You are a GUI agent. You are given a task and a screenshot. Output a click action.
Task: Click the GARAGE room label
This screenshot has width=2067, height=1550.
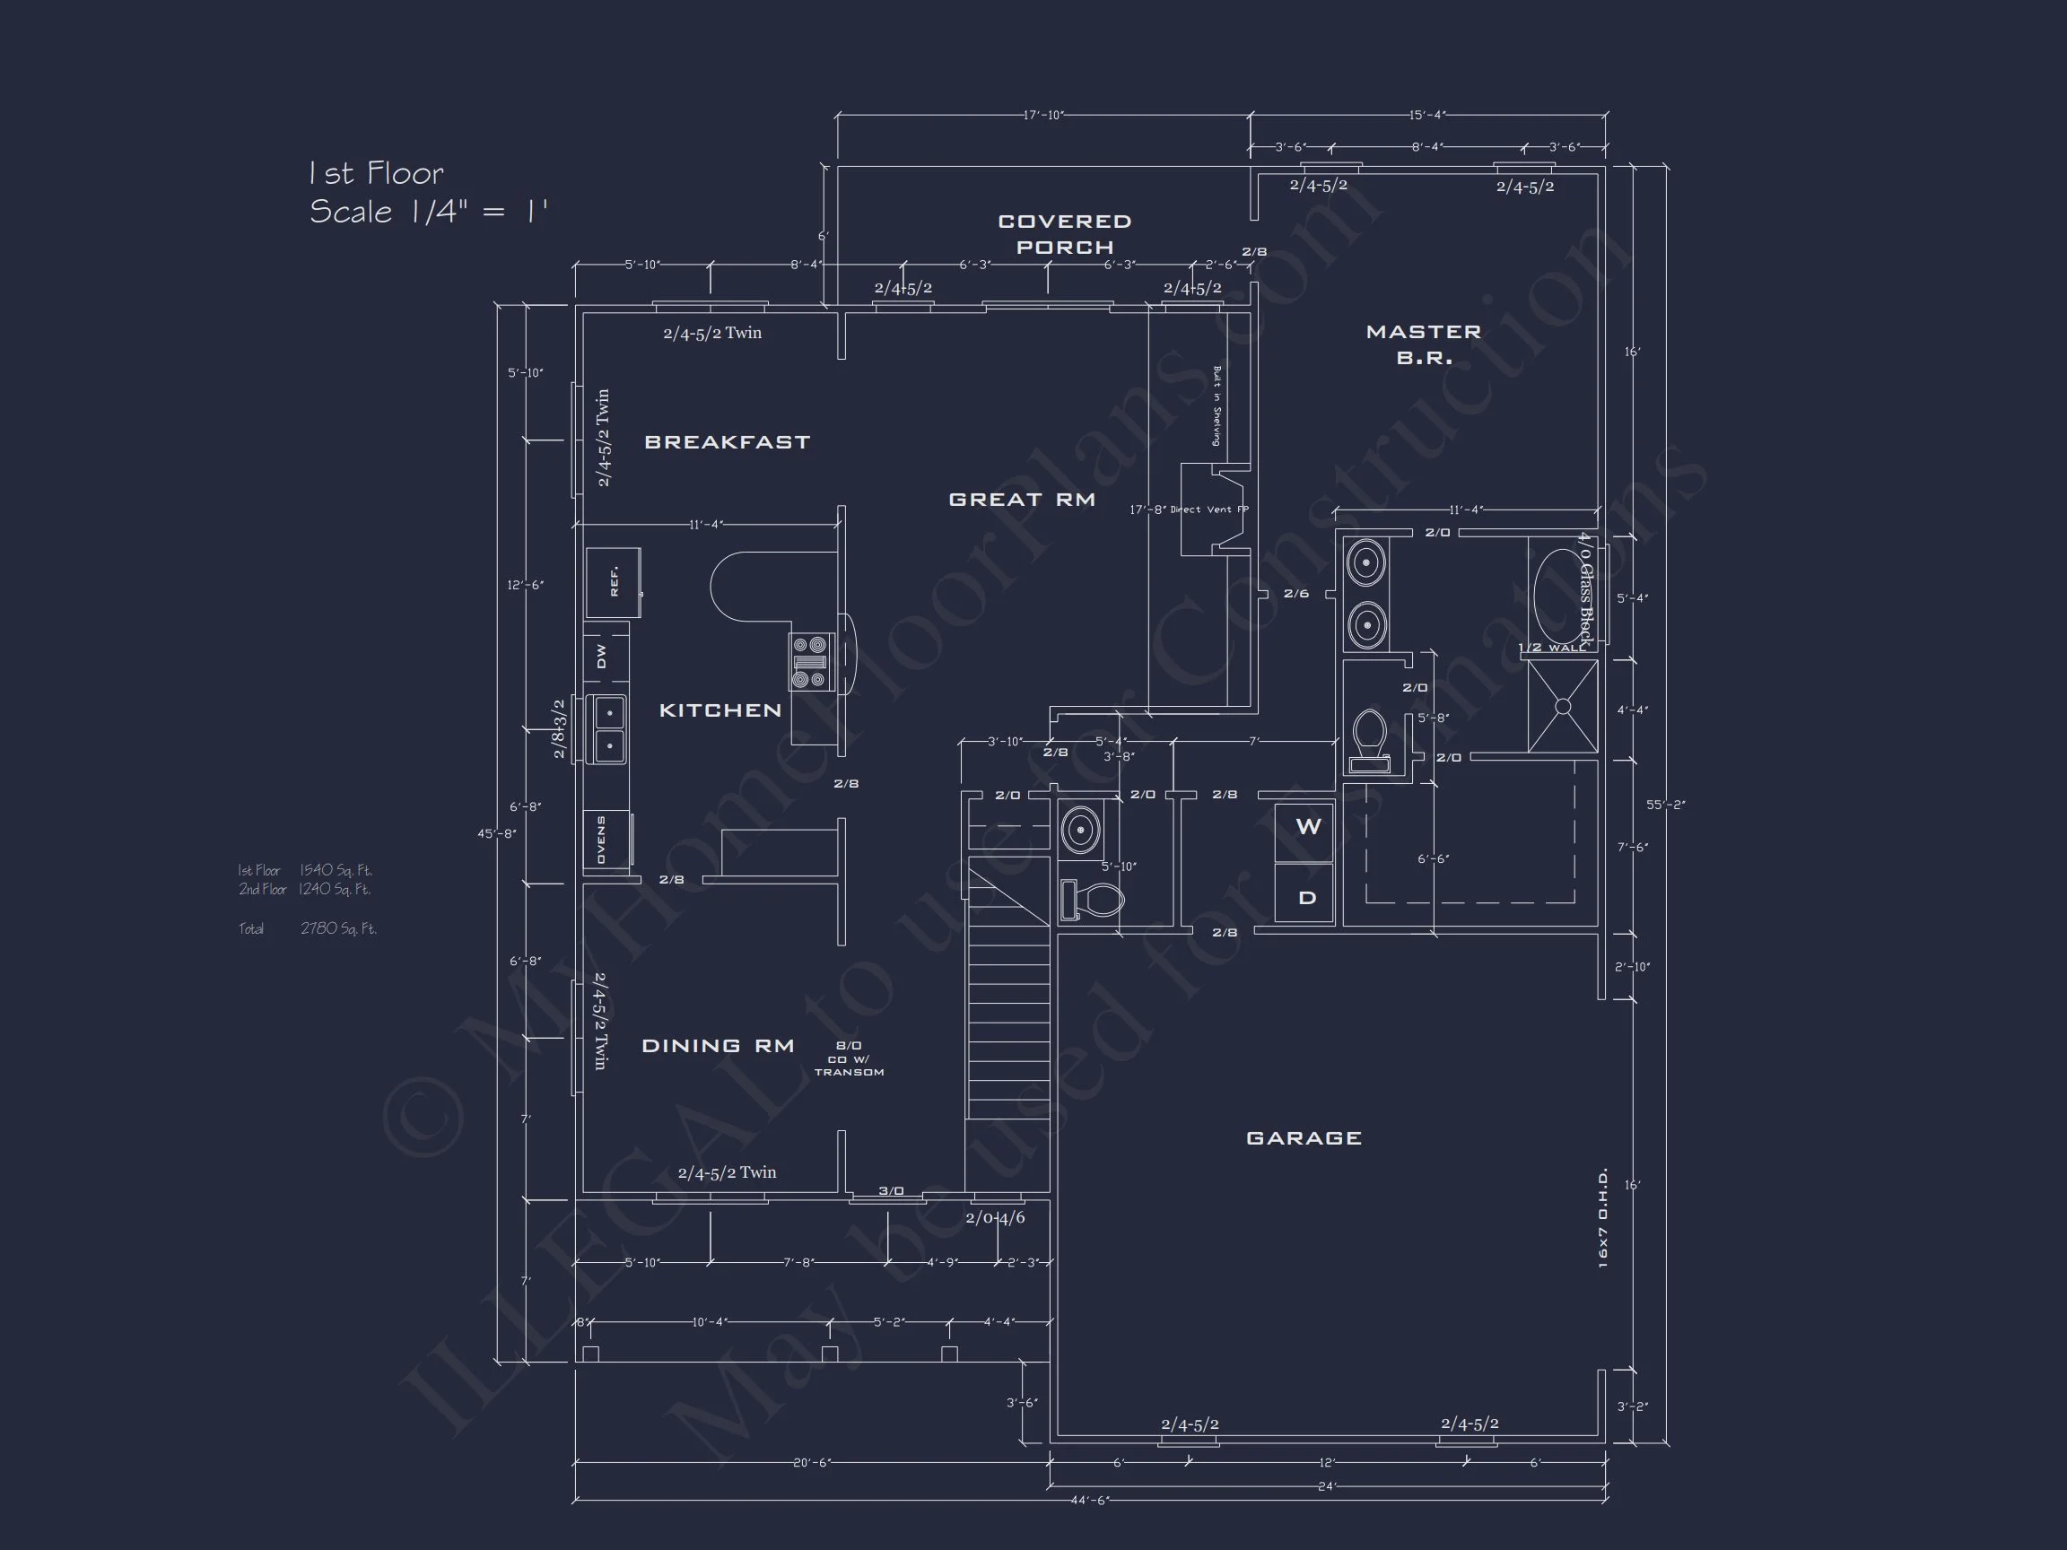pyautogui.click(x=1304, y=1138)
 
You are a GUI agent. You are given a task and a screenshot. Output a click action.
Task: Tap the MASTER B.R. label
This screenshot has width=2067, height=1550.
pyautogui.click(x=1423, y=344)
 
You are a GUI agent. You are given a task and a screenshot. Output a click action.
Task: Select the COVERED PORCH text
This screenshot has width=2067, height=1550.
pyautogui.click(x=1064, y=233)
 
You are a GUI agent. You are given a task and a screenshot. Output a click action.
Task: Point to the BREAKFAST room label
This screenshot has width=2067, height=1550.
pyautogui.click(x=727, y=442)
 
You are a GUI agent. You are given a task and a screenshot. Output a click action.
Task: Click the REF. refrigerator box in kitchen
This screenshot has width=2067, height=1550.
pyautogui.click(x=613, y=582)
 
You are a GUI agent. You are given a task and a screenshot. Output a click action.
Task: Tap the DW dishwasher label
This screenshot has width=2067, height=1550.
pyautogui.click(x=602, y=656)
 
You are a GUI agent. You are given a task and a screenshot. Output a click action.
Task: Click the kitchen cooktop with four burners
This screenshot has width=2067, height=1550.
pyautogui.click(x=809, y=661)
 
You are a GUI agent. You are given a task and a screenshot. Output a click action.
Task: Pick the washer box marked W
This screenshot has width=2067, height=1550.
pyautogui.click(x=1307, y=827)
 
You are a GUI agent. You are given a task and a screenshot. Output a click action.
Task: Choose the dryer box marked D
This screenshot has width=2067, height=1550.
pyautogui.click(x=1307, y=898)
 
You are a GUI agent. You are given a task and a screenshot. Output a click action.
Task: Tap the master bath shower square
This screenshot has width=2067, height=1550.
pyautogui.click(x=1563, y=706)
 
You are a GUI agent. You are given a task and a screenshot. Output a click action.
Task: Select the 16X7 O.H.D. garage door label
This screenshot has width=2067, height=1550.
pyautogui.click(x=1603, y=1217)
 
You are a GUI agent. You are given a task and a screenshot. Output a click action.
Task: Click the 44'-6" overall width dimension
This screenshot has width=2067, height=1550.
pyautogui.click(x=1088, y=1501)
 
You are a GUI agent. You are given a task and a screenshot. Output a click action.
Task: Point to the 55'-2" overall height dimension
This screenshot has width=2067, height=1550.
pyautogui.click(x=1665, y=805)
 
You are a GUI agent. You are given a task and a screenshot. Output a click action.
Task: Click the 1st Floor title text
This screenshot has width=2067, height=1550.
pyautogui.click(x=376, y=173)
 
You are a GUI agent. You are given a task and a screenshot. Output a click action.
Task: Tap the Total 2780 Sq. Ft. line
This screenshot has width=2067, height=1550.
pyautogui.click(x=308, y=928)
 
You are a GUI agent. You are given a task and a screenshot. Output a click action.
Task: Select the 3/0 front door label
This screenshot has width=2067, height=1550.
pyautogui.click(x=891, y=1190)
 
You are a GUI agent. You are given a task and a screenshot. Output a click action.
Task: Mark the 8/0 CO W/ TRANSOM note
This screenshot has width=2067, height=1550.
pyautogui.click(x=849, y=1058)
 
